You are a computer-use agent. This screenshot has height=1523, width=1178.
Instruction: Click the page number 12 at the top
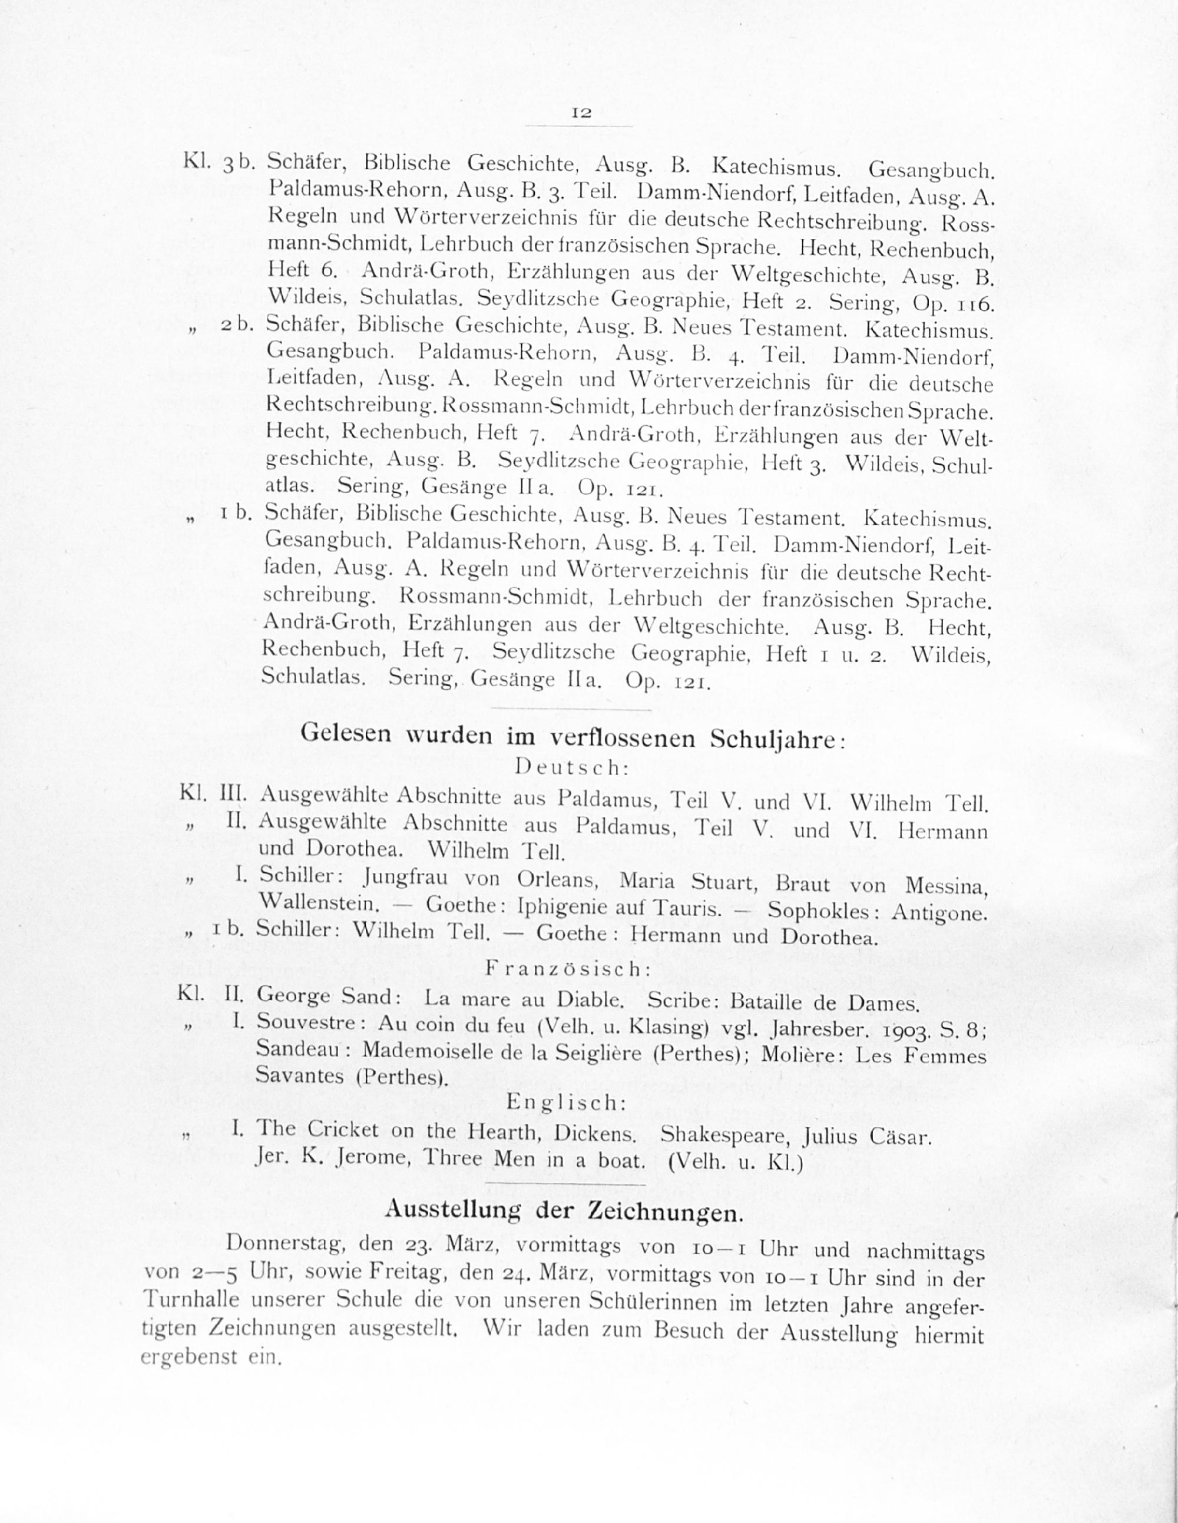pos(581,112)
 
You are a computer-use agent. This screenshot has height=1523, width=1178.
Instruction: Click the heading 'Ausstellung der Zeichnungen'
pos(564,1211)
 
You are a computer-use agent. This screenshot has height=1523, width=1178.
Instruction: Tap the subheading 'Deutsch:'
pos(572,768)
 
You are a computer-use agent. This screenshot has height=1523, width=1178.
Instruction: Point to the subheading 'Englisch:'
pos(565,1102)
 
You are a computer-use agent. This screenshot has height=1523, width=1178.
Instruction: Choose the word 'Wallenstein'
pos(319,903)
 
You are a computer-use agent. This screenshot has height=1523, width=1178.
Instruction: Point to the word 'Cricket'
pos(343,1129)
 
